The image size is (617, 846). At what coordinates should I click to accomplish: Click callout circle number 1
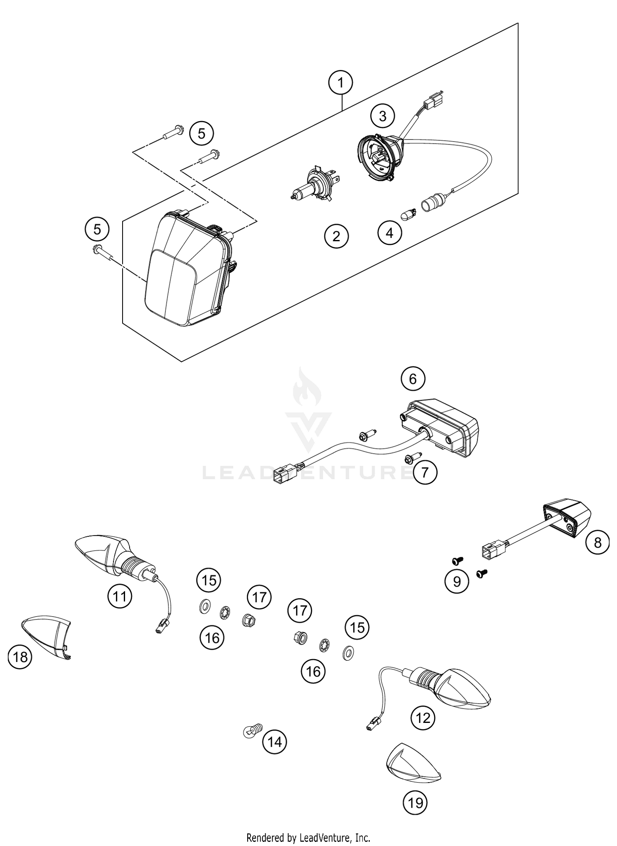(x=341, y=83)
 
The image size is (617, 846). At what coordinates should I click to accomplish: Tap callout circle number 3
(x=382, y=116)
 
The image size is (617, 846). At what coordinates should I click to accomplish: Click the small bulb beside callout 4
(x=409, y=214)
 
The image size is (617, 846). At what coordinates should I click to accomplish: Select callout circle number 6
(x=413, y=378)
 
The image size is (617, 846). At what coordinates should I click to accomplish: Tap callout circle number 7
(x=425, y=472)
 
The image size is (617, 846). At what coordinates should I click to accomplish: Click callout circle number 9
(x=457, y=581)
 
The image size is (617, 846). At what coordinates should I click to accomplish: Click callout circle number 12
(x=423, y=718)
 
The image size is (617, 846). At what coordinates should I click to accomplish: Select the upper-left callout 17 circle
(x=259, y=597)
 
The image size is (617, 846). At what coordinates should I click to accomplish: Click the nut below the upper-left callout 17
(x=248, y=619)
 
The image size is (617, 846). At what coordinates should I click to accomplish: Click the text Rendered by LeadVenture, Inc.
(x=308, y=837)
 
